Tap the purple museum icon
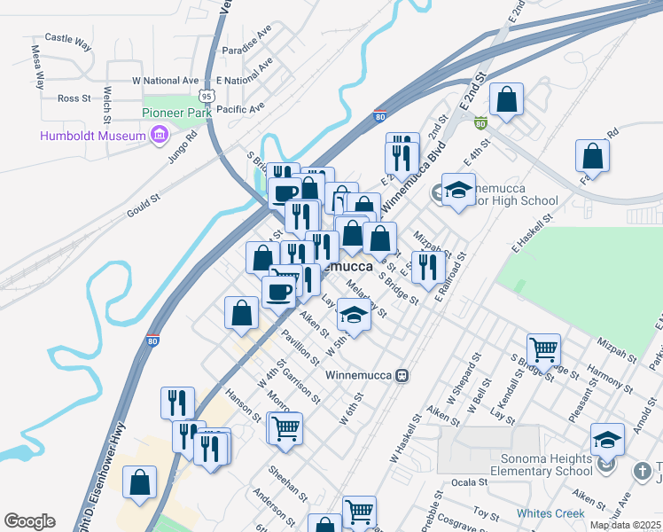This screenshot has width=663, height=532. pos(160,135)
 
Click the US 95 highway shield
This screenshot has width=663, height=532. pos(207,94)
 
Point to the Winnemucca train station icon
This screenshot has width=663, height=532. pos(402,374)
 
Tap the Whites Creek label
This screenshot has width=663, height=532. pos(550,513)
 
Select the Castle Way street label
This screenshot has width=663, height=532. pos(68,39)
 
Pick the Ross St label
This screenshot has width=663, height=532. pos(69,98)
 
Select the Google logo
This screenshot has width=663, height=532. pos(29,521)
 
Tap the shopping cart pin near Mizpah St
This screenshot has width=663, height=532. pos(542,348)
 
